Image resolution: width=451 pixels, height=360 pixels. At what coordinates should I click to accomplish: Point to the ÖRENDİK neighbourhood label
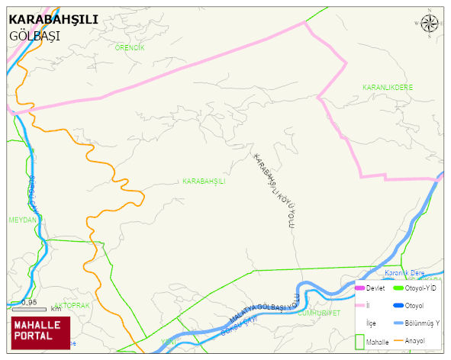tap(129, 47)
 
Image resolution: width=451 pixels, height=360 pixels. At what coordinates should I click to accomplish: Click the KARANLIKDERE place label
tap(387, 88)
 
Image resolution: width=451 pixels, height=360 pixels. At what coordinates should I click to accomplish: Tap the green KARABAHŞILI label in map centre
tap(204, 182)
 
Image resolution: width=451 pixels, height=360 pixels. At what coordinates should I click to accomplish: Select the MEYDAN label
tap(23, 220)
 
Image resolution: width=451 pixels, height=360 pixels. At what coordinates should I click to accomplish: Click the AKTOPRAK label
tap(72, 305)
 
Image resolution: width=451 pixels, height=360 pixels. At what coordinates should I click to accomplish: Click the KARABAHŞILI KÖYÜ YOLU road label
tap(274, 190)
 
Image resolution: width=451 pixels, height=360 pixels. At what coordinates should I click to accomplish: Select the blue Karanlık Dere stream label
tap(404, 272)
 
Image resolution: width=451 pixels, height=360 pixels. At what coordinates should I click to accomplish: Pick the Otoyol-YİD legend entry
tap(419, 289)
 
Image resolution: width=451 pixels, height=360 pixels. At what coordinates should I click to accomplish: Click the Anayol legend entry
tap(414, 340)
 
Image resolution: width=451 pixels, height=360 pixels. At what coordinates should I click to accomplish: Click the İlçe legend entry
tap(371, 323)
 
